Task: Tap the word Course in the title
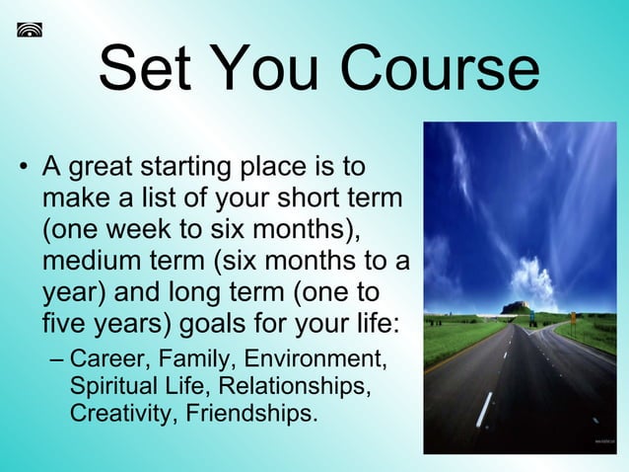pyautogui.click(x=439, y=70)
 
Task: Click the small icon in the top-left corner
pyautogui.click(x=30, y=30)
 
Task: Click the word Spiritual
pyautogui.click(x=109, y=385)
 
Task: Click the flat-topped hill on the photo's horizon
pyautogui.click(x=515, y=307)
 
